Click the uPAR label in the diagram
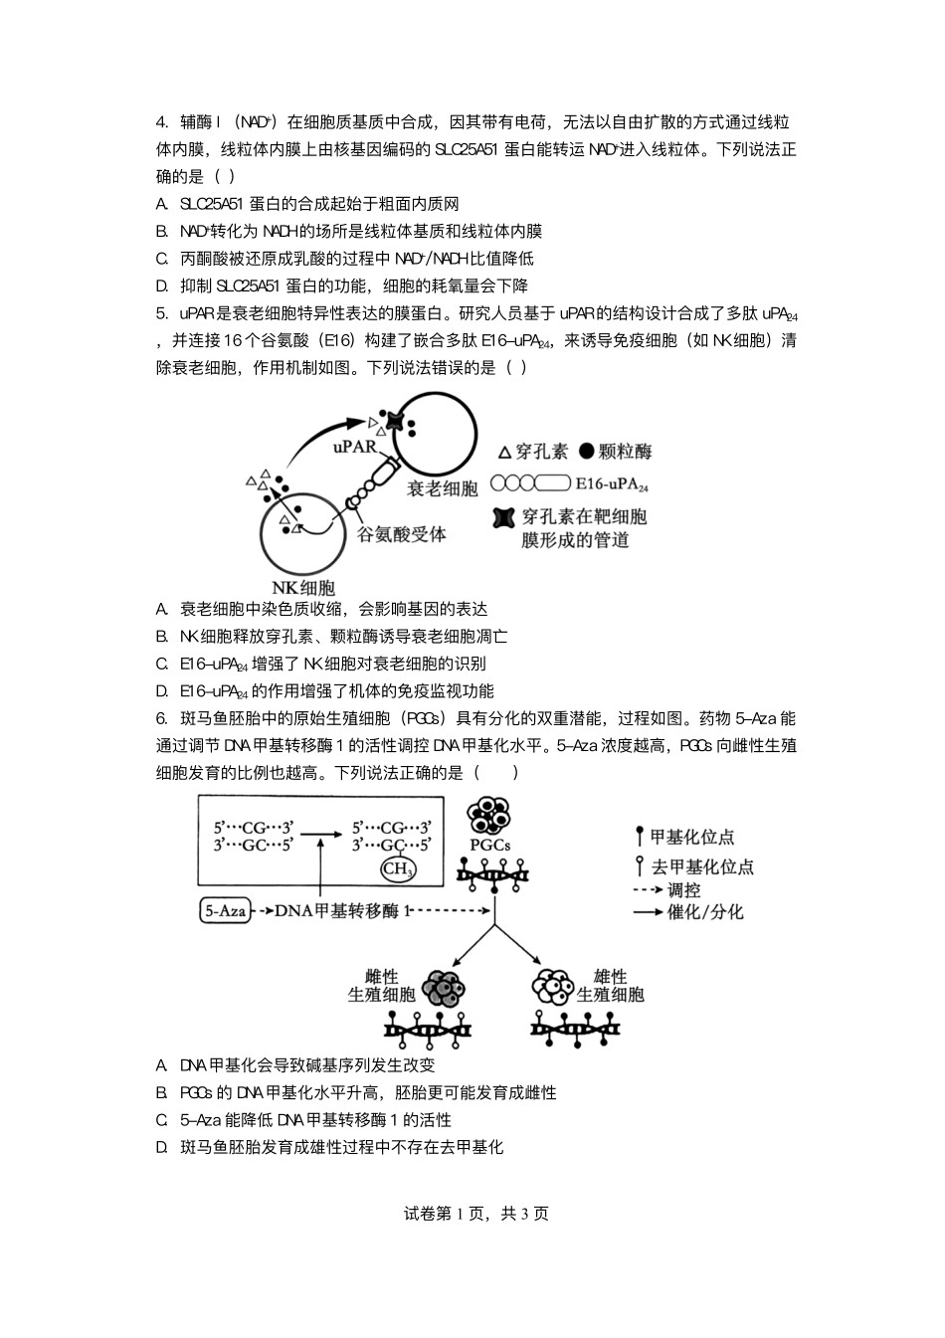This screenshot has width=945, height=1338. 355,446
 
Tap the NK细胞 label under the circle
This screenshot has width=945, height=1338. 303,587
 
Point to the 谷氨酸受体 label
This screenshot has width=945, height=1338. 402,534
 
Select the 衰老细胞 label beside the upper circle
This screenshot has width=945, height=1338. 443,487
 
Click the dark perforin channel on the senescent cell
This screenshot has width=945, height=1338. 397,422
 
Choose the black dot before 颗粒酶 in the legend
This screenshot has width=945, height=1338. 586,452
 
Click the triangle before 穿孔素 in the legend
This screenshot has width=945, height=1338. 504,452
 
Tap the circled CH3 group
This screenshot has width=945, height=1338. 397,869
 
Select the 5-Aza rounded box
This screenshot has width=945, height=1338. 225,910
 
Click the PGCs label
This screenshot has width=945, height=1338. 489,845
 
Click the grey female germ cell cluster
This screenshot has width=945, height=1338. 445,988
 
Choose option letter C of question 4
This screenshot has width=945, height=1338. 161,259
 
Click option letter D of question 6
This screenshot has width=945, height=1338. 161,1147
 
